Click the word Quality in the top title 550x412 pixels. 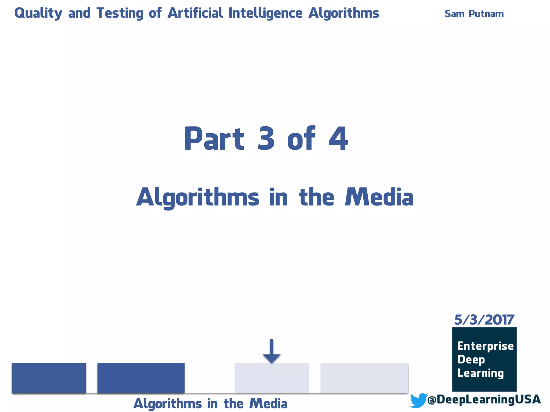coord(38,13)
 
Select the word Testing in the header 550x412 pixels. coord(120,13)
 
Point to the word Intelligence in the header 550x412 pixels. coord(265,13)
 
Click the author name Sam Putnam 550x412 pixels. coord(474,14)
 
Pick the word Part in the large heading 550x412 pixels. coord(214,139)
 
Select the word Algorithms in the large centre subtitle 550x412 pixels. coord(198,197)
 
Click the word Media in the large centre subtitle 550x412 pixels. coord(379,197)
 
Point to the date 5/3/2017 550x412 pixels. coord(484,320)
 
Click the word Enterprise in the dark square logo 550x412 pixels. coord(485,346)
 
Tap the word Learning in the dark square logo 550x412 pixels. coord(480,373)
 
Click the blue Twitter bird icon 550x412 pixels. coord(418,400)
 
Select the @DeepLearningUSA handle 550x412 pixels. coord(484,399)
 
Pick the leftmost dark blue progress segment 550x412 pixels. coord(49,378)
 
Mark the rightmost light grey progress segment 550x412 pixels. coord(364,378)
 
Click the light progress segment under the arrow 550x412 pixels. coord(272,378)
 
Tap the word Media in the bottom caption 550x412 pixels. coord(268,404)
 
